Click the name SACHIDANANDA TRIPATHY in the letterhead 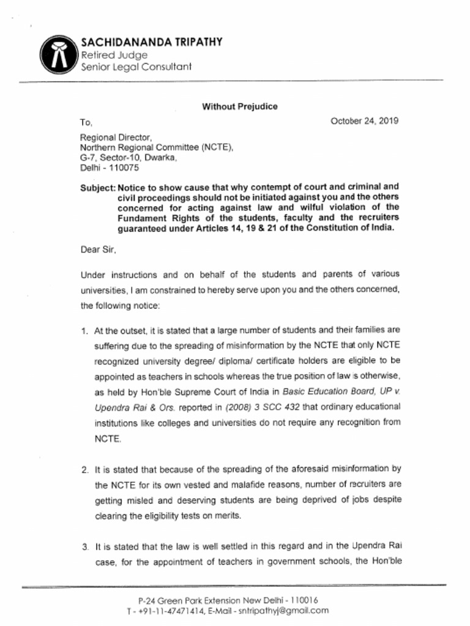[x=151, y=42]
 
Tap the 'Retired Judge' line [x=114, y=55]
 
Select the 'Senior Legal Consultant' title [x=136, y=67]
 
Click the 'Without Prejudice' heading [x=239, y=106]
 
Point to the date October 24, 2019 [x=365, y=120]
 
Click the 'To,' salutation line [x=86, y=122]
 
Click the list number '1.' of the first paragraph [x=84, y=331]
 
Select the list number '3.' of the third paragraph [x=84, y=546]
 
